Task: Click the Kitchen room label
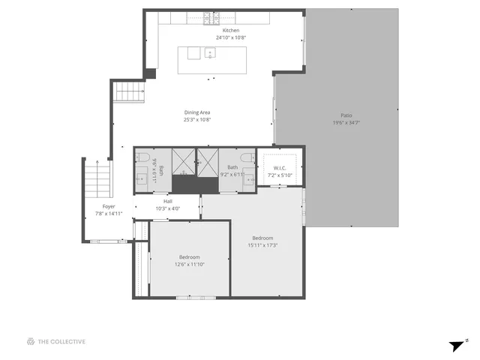231,30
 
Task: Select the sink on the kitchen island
211,52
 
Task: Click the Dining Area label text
197,112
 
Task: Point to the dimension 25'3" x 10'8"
197,119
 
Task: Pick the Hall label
168,201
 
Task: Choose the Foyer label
109,206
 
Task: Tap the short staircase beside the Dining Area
129,94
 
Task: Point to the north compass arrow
457,345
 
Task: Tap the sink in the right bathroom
247,180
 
